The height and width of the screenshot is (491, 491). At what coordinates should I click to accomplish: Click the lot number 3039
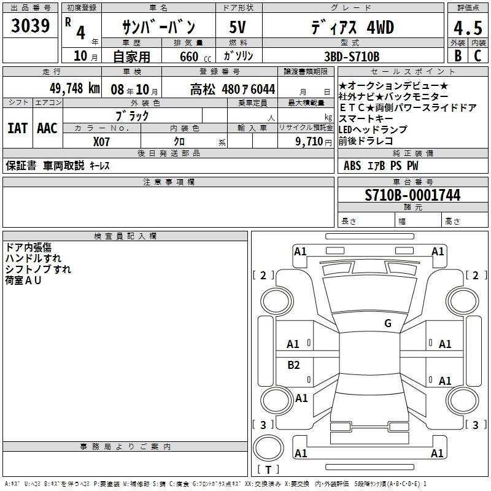pos(30,26)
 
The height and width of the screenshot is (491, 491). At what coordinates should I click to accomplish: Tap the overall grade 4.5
pos(468,28)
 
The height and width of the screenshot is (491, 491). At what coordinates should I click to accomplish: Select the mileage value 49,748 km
pos(74,88)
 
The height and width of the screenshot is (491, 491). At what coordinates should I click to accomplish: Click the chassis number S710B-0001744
pos(412,195)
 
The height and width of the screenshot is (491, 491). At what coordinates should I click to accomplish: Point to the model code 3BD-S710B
pos(352,56)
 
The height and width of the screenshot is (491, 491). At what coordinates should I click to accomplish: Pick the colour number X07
pos(101,142)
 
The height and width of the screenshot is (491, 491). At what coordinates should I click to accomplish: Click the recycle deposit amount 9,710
pos(309,141)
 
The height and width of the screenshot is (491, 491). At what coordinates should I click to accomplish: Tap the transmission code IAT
pos(17,128)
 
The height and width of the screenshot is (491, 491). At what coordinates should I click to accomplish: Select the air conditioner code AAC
pos(47,128)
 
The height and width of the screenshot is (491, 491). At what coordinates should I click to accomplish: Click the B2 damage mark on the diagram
pos(293,365)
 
